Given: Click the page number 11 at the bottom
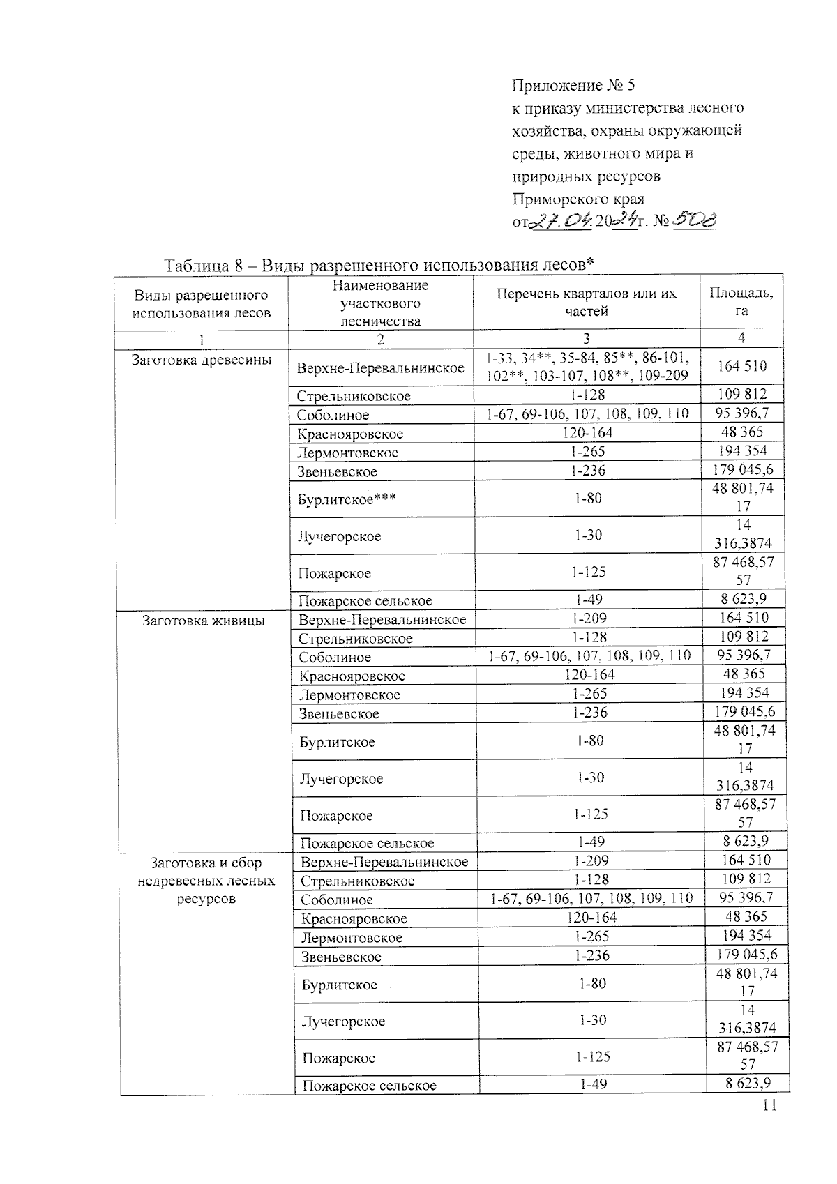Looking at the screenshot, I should [x=769, y=1105].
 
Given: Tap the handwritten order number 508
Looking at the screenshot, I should [x=695, y=221].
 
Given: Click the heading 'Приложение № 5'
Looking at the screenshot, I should [x=573, y=86].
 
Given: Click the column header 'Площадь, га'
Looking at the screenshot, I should [x=741, y=302].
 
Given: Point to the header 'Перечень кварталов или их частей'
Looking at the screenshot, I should [x=586, y=302].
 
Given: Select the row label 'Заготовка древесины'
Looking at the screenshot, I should [x=202, y=360].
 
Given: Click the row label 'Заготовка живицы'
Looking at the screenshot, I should [x=204, y=620].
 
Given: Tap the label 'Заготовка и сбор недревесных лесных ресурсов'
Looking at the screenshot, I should [x=206, y=881].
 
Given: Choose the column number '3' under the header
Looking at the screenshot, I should [x=586, y=339].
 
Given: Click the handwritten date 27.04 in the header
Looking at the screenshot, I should [x=561, y=222].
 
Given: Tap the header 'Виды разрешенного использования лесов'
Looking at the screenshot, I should [x=202, y=304].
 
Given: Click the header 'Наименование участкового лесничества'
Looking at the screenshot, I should [x=380, y=303].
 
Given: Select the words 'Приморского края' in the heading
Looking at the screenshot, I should [x=578, y=199].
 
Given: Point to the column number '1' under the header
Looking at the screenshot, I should [x=201, y=340].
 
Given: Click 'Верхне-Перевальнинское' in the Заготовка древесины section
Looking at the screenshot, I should [x=380, y=368].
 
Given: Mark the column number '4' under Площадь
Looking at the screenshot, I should [x=741, y=337].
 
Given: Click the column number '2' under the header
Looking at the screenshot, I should [x=380, y=340].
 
